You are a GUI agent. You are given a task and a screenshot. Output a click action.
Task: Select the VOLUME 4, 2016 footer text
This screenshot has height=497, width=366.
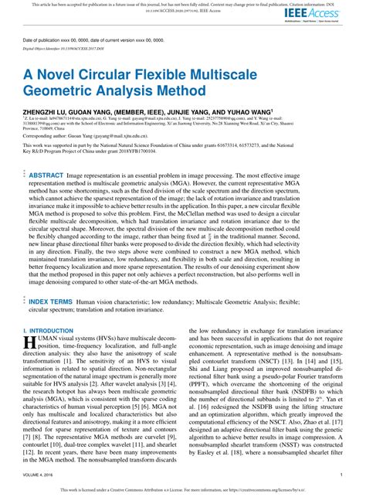coord(41,477)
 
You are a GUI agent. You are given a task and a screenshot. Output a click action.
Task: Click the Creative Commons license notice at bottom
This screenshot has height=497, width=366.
coord(182,490)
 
